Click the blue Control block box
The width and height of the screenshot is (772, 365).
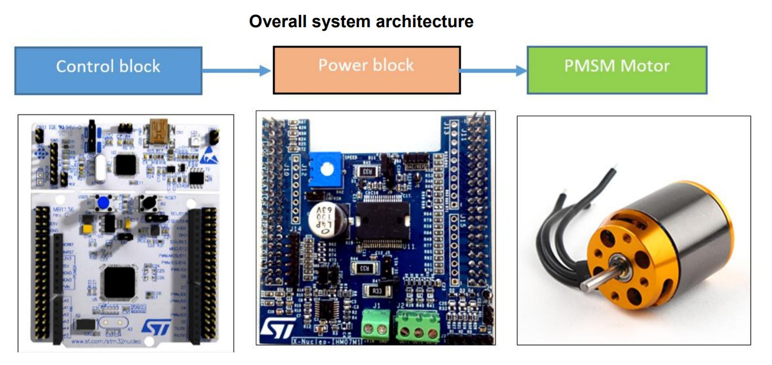pyautogui.click(x=108, y=70)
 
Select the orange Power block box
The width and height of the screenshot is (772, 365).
pyautogui.click(x=366, y=70)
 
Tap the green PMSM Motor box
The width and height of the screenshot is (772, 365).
pyautogui.click(x=617, y=70)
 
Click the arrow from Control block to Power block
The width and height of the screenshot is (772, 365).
pyautogui.click(x=237, y=71)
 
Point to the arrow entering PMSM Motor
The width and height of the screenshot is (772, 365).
pyautogui.click(x=493, y=71)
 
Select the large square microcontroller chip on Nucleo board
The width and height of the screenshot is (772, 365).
pyautogui.click(x=119, y=282)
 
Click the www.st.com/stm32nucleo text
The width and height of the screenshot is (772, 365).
pyautogui.click(x=106, y=341)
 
